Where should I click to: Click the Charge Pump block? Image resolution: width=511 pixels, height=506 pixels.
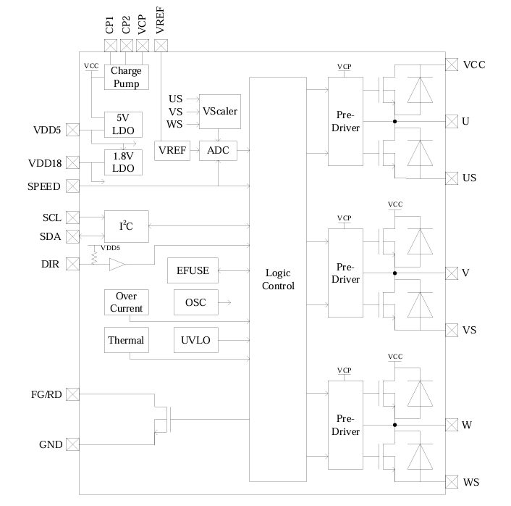(126, 77)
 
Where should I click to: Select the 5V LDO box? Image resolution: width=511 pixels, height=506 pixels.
(124, 124)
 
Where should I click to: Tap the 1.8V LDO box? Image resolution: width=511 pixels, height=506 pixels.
(124, 162)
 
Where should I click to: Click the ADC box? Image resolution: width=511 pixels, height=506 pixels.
(217, 151)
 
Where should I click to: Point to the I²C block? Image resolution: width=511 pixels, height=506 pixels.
(126, 227)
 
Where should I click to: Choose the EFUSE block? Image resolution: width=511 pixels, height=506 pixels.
(193, 271)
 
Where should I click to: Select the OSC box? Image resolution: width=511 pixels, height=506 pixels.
(195, 302)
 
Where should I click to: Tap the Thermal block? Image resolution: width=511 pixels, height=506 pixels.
(126, 340)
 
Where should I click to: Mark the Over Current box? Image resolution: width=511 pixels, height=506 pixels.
(126, 302)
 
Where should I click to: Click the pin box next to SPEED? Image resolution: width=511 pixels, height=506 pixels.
(72, 186)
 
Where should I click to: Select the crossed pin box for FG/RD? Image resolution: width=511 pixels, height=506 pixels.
(72, 394)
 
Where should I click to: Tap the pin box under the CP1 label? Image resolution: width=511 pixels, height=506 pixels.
(111, 46)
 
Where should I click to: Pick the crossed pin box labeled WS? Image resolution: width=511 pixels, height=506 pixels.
(452, 481)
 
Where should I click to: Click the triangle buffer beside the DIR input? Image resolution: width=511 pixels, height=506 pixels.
(117, 265)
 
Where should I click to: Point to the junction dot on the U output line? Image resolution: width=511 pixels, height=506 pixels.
(395, 121)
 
